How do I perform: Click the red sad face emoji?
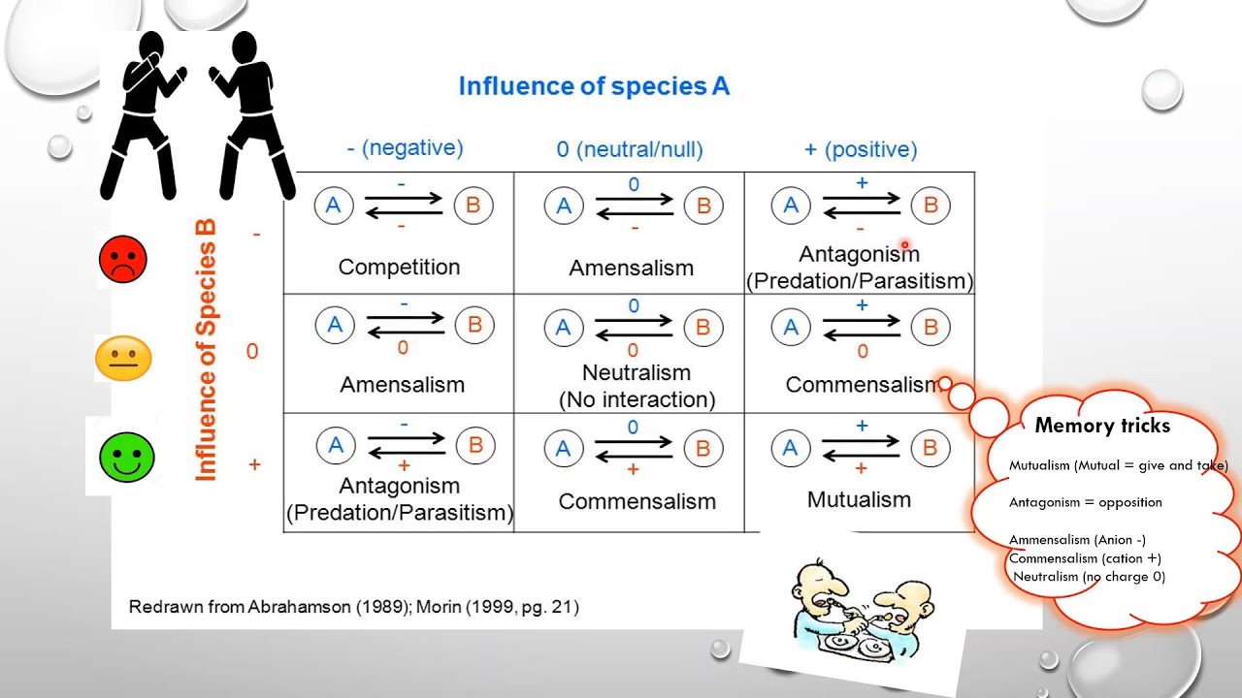123,259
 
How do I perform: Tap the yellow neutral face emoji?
123,358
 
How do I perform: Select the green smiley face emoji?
127,458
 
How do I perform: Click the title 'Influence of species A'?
594,86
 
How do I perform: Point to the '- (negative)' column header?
405,148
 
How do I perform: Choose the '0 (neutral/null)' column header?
629,149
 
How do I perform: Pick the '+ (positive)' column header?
861,149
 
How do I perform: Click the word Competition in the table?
399,267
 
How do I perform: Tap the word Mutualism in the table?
859,499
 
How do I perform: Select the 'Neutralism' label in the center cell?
636,372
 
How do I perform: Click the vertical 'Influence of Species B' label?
206,350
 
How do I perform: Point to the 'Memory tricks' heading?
1102,426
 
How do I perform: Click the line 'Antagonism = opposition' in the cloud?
1085,502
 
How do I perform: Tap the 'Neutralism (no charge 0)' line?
1089,576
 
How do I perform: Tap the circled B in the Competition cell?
474,206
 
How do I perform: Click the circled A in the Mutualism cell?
790,448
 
